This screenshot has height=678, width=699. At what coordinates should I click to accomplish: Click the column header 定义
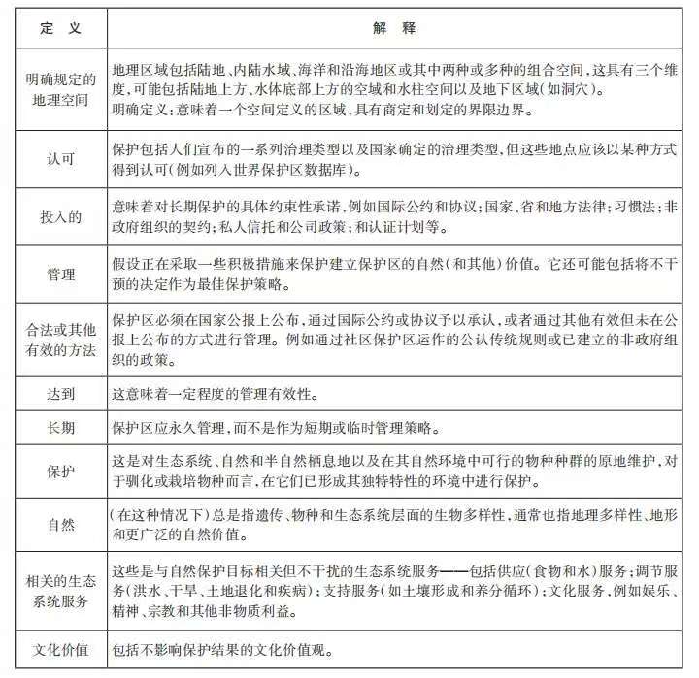[x=60, y=29]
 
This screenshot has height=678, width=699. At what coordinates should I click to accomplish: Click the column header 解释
[x=399, y=29]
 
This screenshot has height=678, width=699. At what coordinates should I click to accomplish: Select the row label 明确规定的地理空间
[x=60, y=91]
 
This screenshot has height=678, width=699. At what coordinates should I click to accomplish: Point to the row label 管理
[x=60, y=275]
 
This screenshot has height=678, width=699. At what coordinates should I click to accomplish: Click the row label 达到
[x=60, y=395]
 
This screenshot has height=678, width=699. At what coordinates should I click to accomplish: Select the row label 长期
[x=60, y=428]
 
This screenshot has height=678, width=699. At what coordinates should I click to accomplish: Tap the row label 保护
[x=60, y=471]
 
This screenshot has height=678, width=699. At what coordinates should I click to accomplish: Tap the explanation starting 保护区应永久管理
[x=282, y=428]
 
